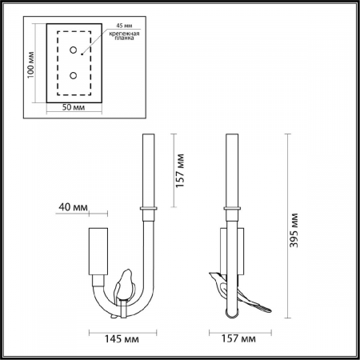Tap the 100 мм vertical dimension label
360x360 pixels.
coord(31,64)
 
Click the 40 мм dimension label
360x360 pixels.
coord(74,209)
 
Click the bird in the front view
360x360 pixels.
coord(124,284)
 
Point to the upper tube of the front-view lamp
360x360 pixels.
coord(148,168)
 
